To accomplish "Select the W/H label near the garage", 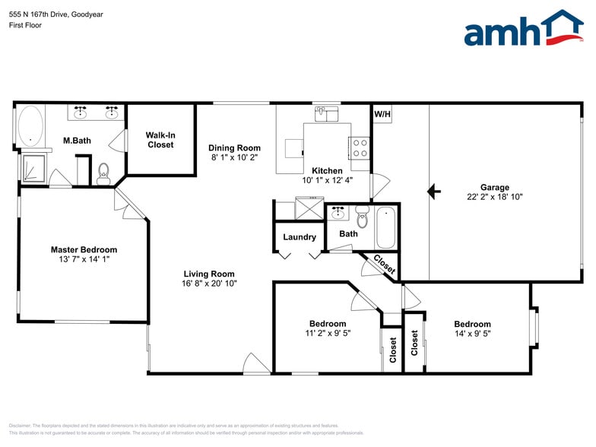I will click(x=382, y=115).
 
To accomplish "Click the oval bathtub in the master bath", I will click(x=30, y=125).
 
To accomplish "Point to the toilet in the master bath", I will click(x=104, y=173).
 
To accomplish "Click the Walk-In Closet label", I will click(x=160, y=140).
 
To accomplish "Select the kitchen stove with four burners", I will click(x=359, y=147).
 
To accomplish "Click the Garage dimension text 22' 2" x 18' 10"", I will click(x=494, y=197).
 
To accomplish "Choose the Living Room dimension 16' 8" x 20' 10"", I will click(x=209, y=284).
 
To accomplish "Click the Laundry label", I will click(x=300, y=237).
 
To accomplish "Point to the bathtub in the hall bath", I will click(x=385, y=227).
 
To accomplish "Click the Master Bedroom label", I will click(x=84, y=249).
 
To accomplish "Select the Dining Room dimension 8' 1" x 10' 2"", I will click(x=235, y=157).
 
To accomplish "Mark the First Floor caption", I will click(x=26, y=25).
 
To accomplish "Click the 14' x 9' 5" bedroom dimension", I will click(x=472, y=333).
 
